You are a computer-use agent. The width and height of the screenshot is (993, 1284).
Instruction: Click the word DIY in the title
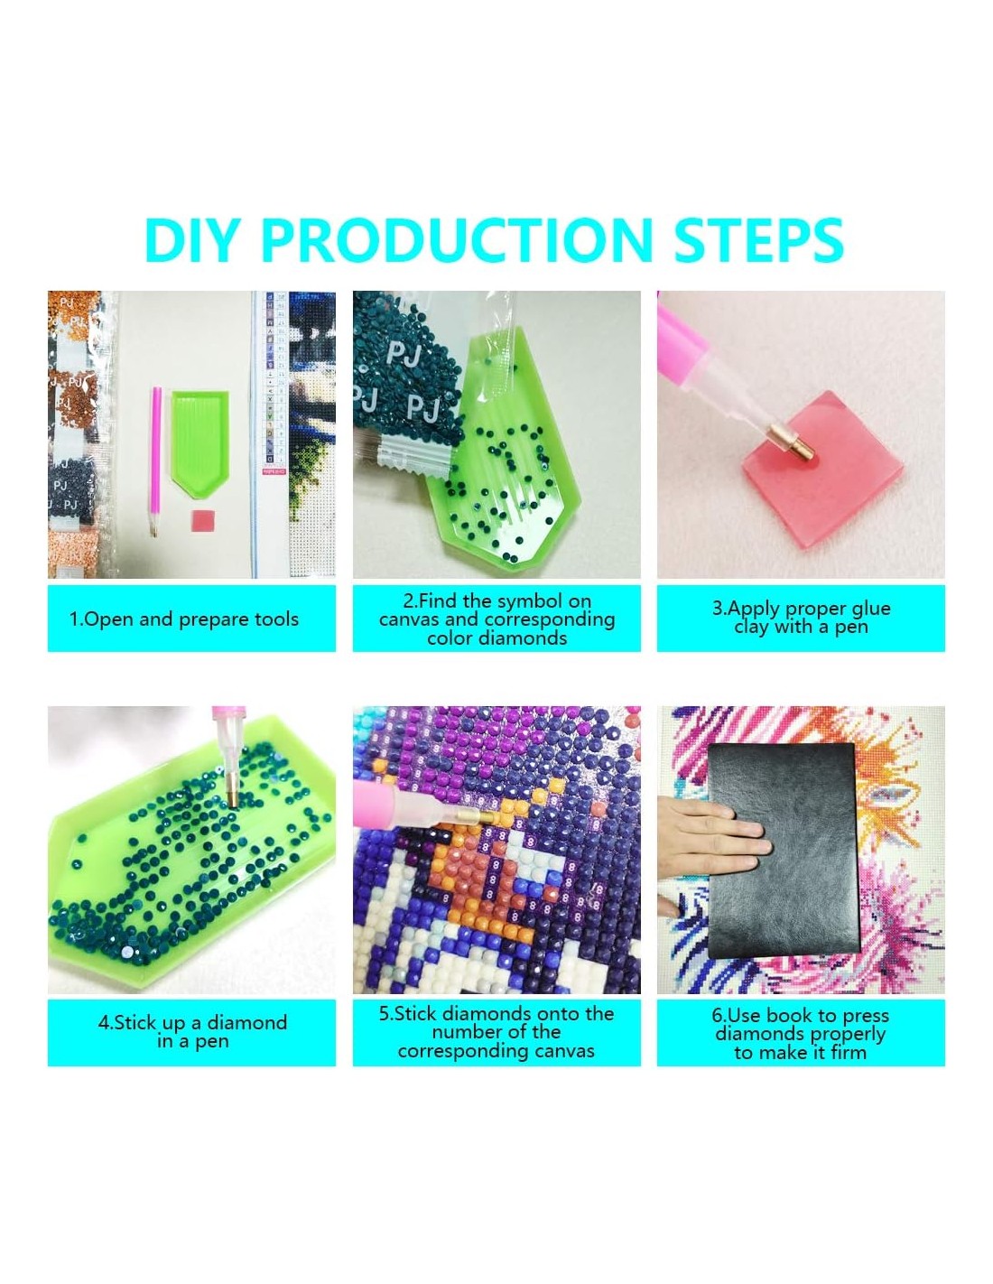click(x=190, y=239)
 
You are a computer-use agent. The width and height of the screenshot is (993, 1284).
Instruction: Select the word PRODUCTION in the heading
click(x=456, y=239)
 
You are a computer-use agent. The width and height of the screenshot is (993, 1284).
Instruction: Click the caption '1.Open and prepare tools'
click(x=184, y=619)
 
